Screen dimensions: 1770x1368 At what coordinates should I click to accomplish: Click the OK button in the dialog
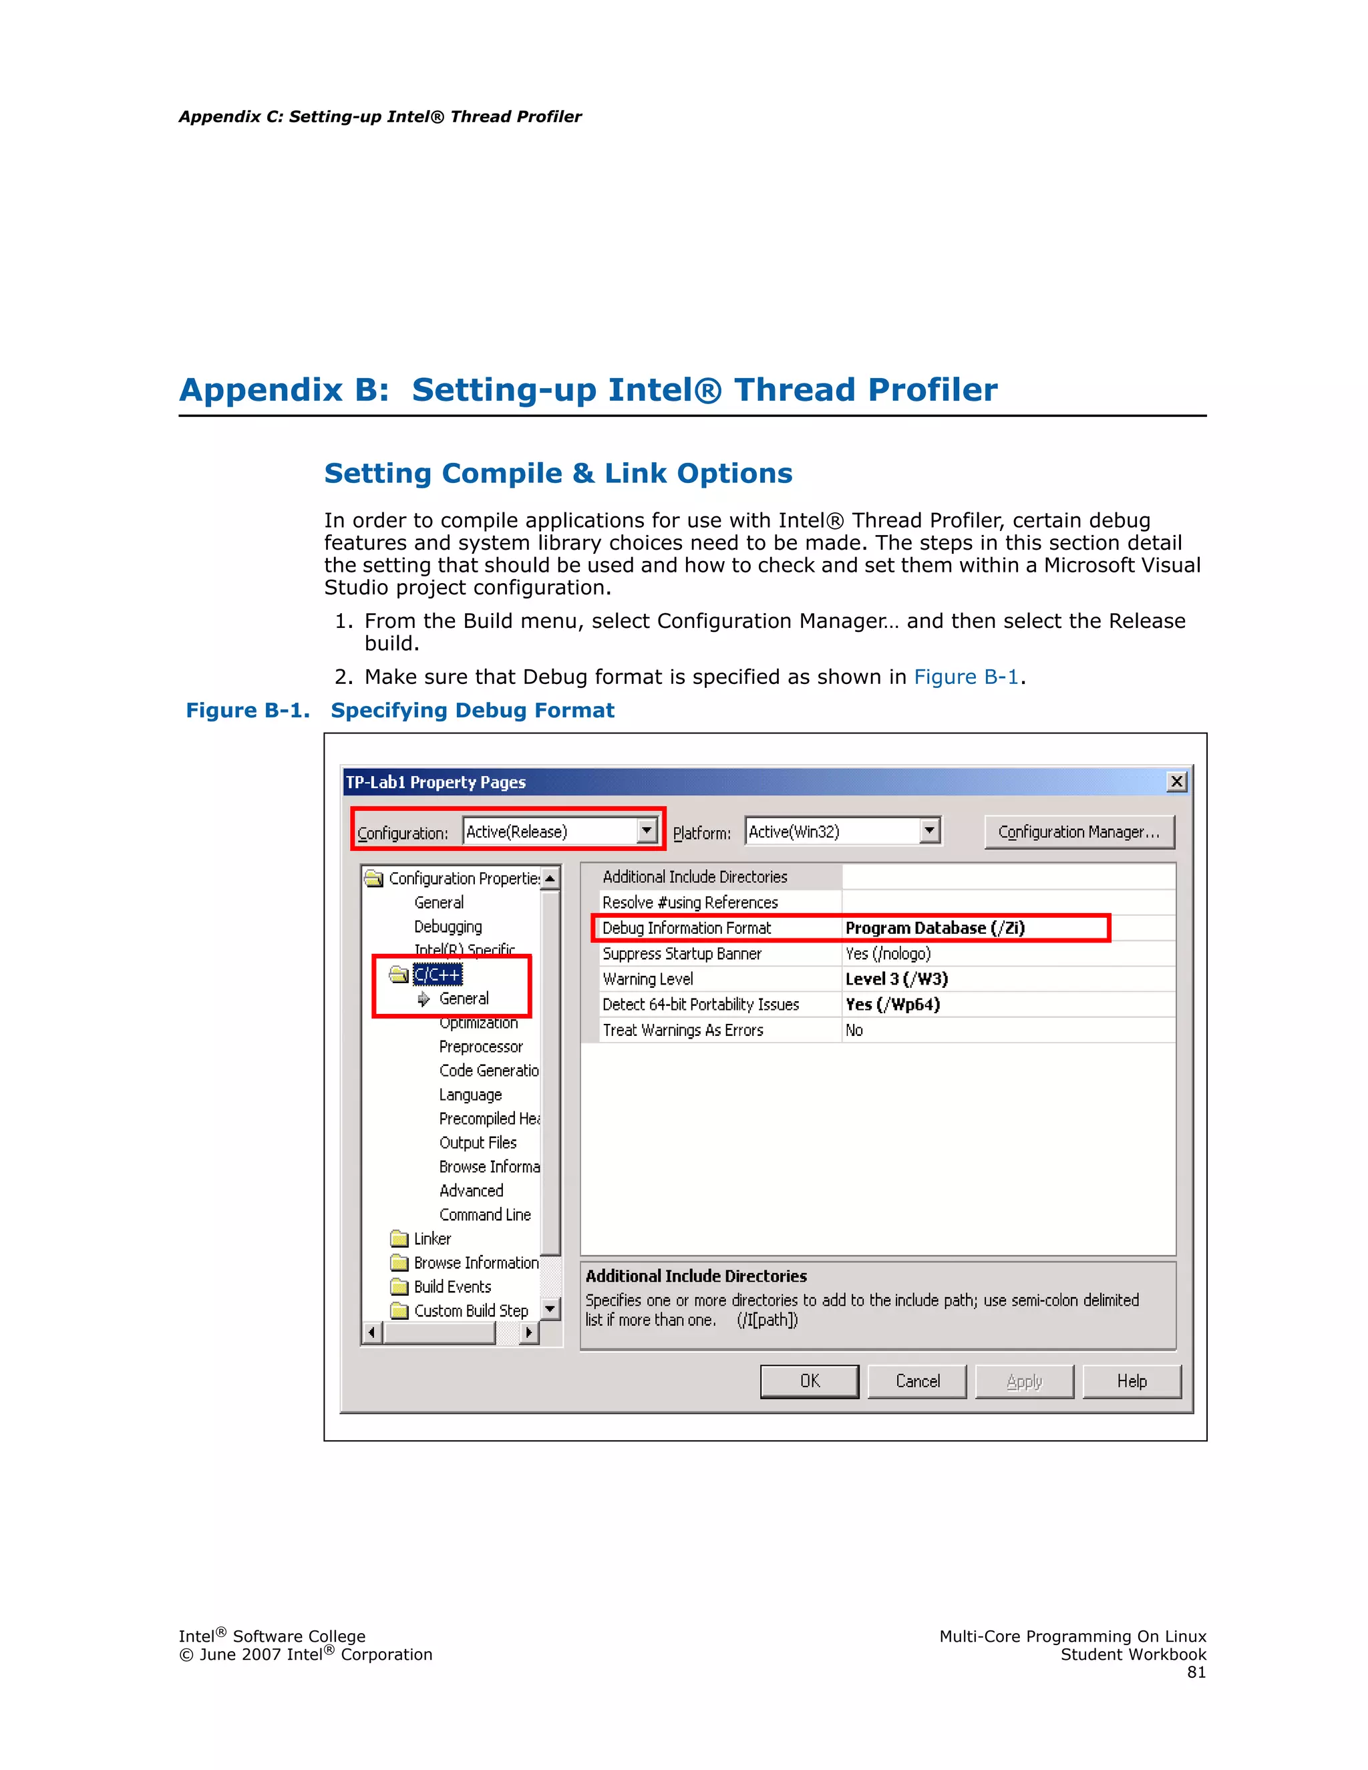coord(809,1381)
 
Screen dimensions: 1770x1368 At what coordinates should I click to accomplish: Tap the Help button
coord(1132,1381)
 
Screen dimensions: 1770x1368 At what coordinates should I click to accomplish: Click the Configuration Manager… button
coord(1079,832)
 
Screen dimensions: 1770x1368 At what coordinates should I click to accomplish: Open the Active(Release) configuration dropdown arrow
coord(646,831)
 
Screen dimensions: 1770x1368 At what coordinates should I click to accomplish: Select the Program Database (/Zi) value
coord(934,928)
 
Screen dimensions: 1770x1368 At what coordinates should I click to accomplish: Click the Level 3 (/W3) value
coord(896,979)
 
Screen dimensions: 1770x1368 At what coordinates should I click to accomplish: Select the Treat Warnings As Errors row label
coord(683,1030)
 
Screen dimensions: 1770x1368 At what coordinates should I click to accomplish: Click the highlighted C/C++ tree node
coord(438,974)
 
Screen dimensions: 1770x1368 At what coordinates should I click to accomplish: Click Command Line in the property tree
coord(485,1215)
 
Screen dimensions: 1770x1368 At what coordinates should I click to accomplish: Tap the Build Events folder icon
coord(399,1287)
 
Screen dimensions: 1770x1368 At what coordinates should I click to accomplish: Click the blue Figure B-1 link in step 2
coord(965,677)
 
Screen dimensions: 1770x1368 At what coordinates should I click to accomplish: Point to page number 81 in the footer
coord(1196,1672)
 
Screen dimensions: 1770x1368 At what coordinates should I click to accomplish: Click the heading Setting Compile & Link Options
coord(558,474)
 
